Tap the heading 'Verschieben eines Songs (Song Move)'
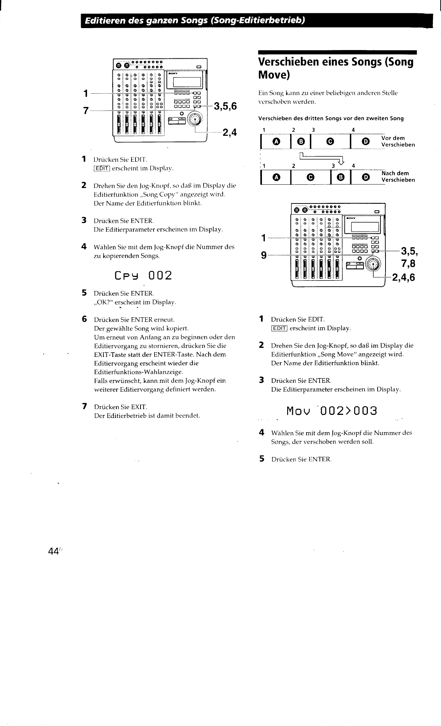(x=335, y=68)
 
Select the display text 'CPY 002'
(x=143, y=275)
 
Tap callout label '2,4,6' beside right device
(x=403, y=277)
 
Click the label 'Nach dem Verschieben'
(x=398, y=176)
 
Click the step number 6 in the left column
(x=84, y=319)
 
